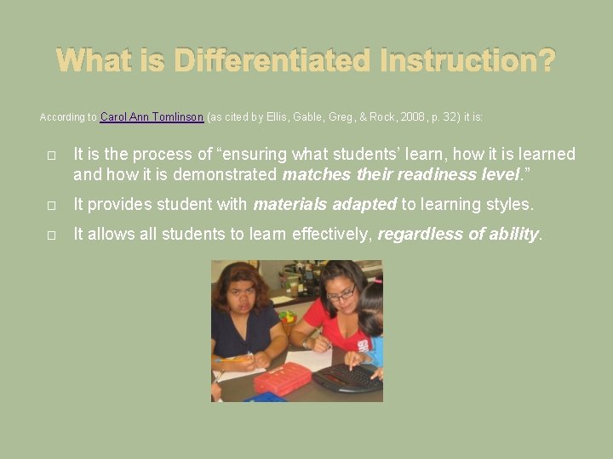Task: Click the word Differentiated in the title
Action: [272, 60]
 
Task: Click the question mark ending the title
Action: [547, 60]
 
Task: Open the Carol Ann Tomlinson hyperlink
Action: [152, 116]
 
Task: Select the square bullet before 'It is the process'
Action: [52, 156]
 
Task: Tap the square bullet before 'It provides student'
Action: [52, 206]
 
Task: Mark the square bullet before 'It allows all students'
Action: [52, 235]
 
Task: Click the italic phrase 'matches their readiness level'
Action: [401, 176]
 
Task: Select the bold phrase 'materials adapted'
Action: [324, 205]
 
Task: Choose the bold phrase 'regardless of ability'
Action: [458, 235]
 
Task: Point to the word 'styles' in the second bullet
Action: [507, 205]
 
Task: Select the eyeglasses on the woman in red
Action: [341, 295]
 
